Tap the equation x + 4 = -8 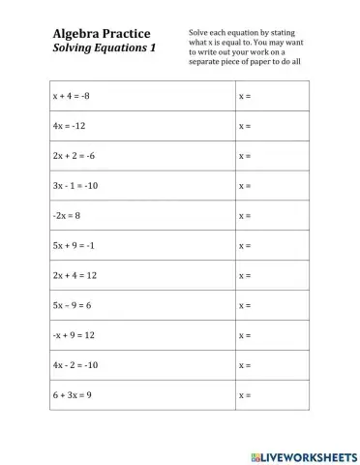coord(73,97)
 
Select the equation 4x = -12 coord(70,127)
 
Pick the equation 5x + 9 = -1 coord(75,246)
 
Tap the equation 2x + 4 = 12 coord(75,276)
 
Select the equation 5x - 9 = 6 coord(73,306)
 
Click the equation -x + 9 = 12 coord(75,336)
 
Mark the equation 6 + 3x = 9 coord(73,396)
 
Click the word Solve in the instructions coord(200,33)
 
